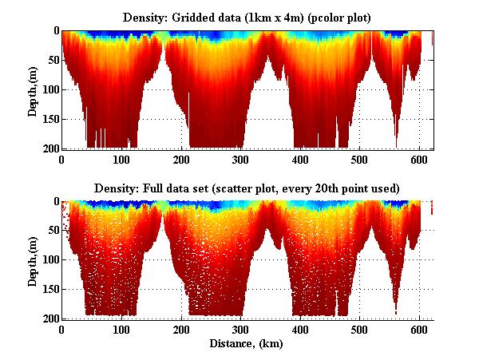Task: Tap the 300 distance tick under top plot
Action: pyautogui.click(x=240, y=159)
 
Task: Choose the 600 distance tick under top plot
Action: pyautogui.click(x=419, y=159)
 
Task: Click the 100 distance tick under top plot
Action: pyautogui.click(x=121, y=159)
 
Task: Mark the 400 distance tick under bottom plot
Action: pyautogui.click(x=300, y=329)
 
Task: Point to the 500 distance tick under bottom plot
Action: pyautogui.click(x=360, y=329)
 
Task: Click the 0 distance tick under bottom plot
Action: pyautogui.click(x=61, y=329)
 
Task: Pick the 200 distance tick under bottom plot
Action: pyautogui.click(x=181, y=329)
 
